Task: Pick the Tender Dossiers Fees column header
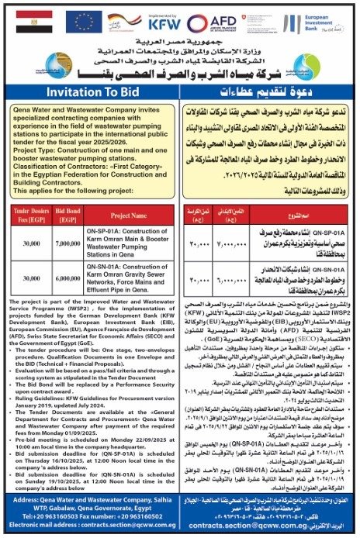coord(30,212)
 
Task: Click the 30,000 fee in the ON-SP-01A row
coord(30,243)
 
